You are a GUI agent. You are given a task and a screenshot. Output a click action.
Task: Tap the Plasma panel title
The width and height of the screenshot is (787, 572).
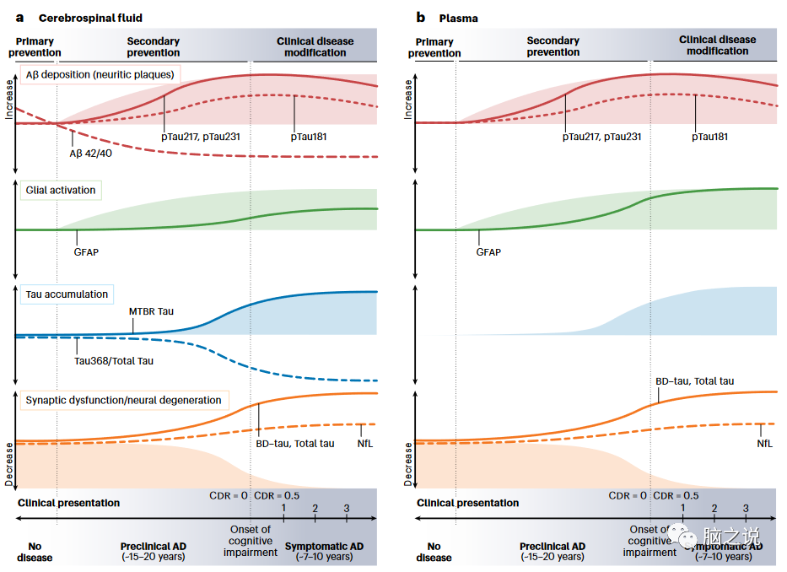point(458,17)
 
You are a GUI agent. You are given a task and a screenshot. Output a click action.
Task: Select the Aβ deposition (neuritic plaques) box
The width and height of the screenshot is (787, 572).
point(100,73)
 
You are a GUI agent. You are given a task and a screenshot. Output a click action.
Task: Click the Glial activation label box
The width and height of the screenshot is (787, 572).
point(61,190)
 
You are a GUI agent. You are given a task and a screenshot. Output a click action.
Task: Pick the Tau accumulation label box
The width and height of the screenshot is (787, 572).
point(67,294)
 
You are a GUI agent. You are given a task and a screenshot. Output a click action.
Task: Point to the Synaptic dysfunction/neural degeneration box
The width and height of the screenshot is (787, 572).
point(123,400)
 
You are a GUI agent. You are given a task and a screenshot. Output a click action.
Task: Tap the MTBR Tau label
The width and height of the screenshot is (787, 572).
point(152,311)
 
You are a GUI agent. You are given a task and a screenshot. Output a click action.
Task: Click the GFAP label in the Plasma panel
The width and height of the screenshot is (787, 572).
point(488,251)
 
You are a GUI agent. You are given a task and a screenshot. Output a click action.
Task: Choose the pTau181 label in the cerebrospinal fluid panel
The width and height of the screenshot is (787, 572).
point(309,135)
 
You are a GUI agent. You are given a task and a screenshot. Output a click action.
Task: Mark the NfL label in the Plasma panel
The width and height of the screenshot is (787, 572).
point(764,444)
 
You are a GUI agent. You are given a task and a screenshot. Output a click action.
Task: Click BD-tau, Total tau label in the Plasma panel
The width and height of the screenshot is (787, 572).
point(694,381)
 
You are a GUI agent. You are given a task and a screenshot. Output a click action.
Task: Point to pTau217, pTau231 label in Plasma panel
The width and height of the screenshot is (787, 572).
point(601,136)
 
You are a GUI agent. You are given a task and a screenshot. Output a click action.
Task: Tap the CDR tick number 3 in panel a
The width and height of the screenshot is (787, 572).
point(346,508)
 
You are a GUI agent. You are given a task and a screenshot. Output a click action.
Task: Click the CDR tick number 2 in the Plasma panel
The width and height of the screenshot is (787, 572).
point(714,509)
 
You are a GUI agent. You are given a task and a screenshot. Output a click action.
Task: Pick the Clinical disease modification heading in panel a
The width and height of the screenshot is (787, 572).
point(315,46)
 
